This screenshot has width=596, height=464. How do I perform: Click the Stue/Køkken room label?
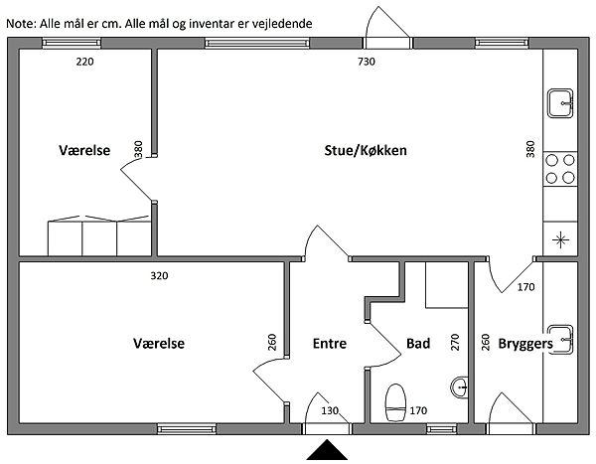coord(367,151)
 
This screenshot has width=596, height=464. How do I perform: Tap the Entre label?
coord(329,344)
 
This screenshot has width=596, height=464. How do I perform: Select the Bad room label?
coord(418,344)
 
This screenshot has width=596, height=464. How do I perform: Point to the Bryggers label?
coord(525,344)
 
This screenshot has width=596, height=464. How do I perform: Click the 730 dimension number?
coord(367,63)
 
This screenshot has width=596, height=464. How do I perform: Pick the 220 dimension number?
coord(85,63)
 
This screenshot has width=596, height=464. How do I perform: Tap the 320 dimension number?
coord(158,275)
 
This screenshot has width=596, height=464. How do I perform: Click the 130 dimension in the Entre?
coord(330,410)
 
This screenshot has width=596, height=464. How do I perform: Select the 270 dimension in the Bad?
coord(456,344)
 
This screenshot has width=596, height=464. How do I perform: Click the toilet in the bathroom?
coord(394,397)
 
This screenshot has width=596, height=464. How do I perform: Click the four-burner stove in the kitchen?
coord(560,169)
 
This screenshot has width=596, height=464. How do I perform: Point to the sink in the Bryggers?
coord(561,337)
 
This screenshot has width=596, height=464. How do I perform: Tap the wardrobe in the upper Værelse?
coord(99,236)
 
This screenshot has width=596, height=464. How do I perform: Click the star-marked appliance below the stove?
coord(560,238)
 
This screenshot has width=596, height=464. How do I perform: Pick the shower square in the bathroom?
coord(445,286)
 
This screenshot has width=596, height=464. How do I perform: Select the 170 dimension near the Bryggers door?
coord(526,288)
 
